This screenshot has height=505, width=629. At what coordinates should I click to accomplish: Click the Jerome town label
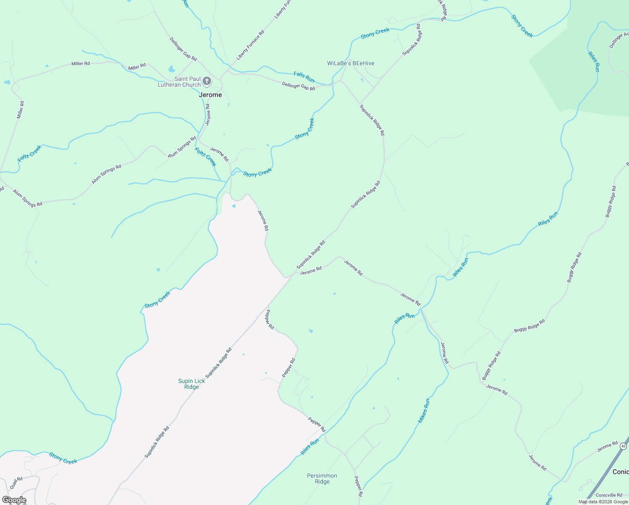pyautogui.click(x=210, y=95)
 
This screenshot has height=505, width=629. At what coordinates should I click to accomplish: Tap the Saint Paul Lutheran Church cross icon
pyautogui.click(x=206, y=80)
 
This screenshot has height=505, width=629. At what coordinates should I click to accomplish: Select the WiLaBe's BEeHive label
pyautogui.click(x=351, y=63)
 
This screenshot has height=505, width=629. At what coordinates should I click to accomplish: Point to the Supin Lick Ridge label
pyautogui.click(x=192, y=384)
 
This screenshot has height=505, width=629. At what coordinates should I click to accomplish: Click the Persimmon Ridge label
pyautogui.click(x=322, y=478)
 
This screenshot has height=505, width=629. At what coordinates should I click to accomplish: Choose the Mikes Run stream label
pyautogui.click(x=424, y=411)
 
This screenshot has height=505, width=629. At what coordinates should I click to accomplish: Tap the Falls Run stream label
pyautogui.click(x=304, y=77)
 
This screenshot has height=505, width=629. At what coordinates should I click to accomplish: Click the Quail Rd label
pyautogui.click(x=16, y=483)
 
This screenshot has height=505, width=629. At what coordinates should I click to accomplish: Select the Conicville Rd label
pyautogui.click(x=609, y=495)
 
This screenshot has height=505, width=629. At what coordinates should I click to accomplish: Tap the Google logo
pyautogui.click(x=14, y=500)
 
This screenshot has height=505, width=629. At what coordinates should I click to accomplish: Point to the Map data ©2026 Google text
pyautogui.click(x=603, y=502)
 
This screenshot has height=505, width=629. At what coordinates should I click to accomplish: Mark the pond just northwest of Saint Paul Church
pyautogui.click(x=171, y=69)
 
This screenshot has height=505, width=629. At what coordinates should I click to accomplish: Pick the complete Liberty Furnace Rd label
pyautogui.click(x=250, y=45)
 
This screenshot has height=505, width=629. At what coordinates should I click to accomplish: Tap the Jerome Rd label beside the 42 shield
pyautogui.click(x=608, y=447)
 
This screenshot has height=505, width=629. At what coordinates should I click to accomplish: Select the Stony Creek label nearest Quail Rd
pyautogui.click(x=63, y=458)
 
